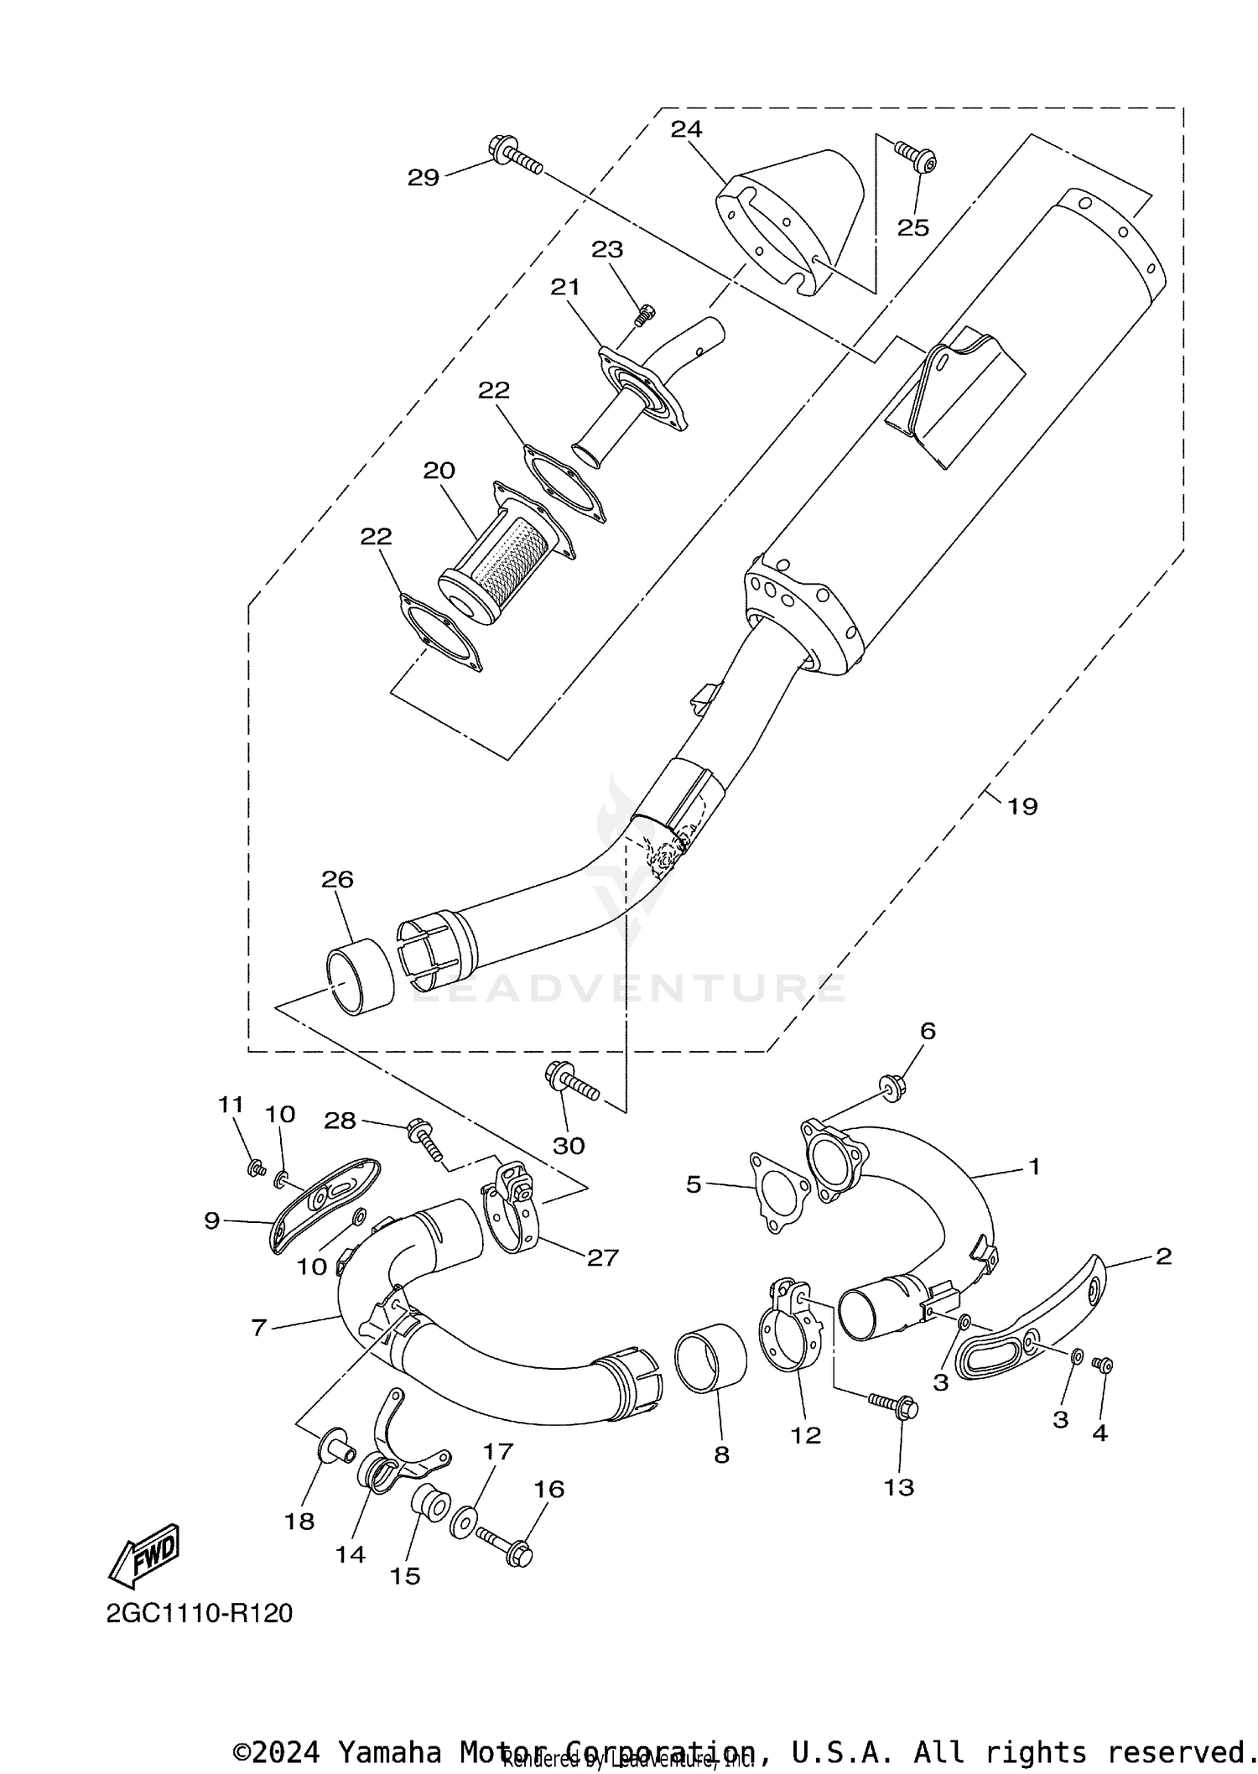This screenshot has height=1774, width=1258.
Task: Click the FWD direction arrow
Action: click(144, 1554)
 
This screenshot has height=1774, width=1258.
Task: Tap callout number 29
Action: click(424, 178)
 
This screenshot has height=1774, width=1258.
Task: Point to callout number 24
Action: click(686, 129)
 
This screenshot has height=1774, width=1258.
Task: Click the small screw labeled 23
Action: click(643, 315)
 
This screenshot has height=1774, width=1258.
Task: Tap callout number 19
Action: click(1022, 807)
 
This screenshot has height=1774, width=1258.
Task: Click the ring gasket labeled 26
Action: click(359, 977)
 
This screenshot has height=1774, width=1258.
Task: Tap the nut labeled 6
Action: click(891, 1088)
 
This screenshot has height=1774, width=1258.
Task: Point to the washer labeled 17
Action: click(462, 1522)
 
